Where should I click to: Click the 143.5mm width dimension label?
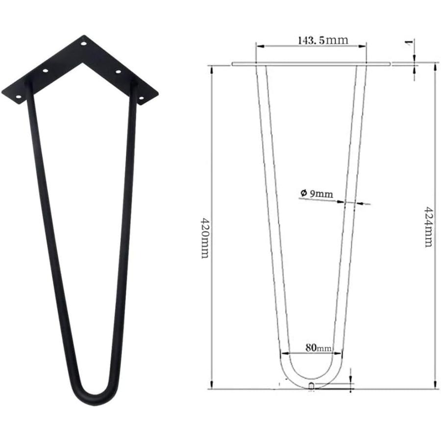coord(323,40)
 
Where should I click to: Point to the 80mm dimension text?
coord(318,348)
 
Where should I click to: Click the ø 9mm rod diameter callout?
coord(317,194)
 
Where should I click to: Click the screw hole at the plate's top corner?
coord(84,44)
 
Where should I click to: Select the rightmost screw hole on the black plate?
coord(142,98)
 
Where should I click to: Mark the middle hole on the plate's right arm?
coord(118,72)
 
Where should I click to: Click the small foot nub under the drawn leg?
coord(312,386)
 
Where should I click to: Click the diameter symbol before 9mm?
coord(303,194)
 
